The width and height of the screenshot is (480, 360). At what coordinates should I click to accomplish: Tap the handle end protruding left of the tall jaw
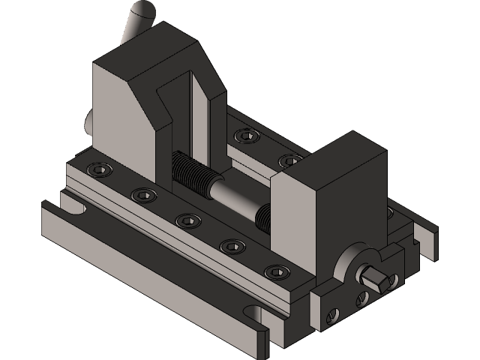click(x=89, y=120)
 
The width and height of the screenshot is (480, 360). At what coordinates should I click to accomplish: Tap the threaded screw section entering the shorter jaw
click(x=262, y=217)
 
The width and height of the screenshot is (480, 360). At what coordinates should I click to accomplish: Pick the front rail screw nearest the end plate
click(x=277, y=271)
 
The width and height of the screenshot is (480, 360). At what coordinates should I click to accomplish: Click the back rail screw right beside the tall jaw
click(x=244, y=136)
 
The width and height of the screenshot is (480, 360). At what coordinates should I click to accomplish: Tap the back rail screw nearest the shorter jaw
click(x=289, y=160)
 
